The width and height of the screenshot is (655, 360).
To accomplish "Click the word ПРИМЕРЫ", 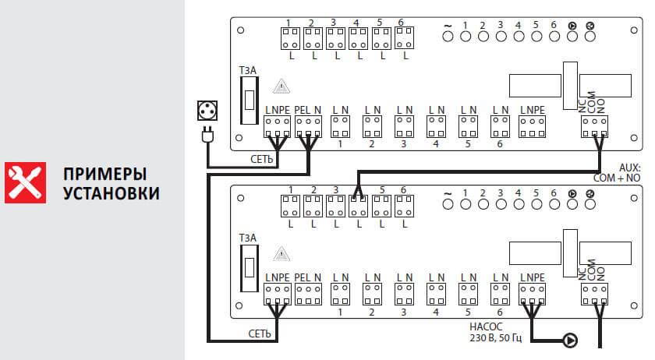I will point(105,173).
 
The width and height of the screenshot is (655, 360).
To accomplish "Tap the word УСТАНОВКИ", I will point(112,192).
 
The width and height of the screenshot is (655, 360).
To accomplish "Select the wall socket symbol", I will point(208,110).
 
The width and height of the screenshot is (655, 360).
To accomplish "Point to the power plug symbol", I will point(207,136).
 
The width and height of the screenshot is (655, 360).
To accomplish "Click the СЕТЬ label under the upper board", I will point(261,157).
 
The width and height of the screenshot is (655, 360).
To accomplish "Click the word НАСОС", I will point(484,328).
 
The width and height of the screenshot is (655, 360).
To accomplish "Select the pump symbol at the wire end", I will point(571,340).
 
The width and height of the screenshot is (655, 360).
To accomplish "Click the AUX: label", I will point(628,167).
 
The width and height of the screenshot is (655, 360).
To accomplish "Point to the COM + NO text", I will point(618,178).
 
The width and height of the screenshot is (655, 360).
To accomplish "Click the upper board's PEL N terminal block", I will point(309,125).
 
